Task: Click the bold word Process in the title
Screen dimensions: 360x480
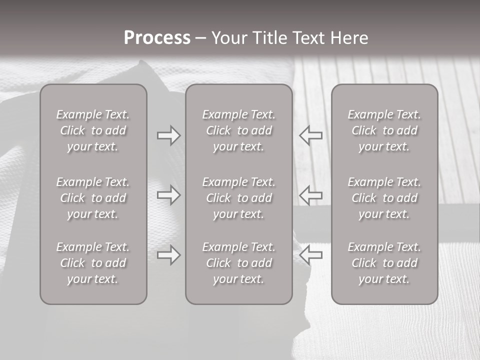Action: point(157,38)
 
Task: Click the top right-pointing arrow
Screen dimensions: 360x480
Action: point(168,135)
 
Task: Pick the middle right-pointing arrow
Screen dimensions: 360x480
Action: point(168,195)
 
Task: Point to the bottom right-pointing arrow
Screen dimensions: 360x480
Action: point(168,255)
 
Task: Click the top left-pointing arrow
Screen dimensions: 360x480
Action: point(311,135)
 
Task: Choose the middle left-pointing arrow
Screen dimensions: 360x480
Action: point(311,195)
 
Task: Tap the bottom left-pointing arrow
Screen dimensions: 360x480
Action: point(311,255)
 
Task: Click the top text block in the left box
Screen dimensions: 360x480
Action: point(93,130)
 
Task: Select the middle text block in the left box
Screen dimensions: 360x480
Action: point(93,198)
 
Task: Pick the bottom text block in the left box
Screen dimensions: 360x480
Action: point(93,263)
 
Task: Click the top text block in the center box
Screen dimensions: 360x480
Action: point(239,130)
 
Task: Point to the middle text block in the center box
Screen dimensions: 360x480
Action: point(239,198)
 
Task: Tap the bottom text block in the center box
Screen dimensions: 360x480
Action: point(239,263)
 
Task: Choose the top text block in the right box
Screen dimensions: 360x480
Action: point(384,130)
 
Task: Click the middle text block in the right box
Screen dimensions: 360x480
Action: point(384,198)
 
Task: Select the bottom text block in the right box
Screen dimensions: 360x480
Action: point(384,263)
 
